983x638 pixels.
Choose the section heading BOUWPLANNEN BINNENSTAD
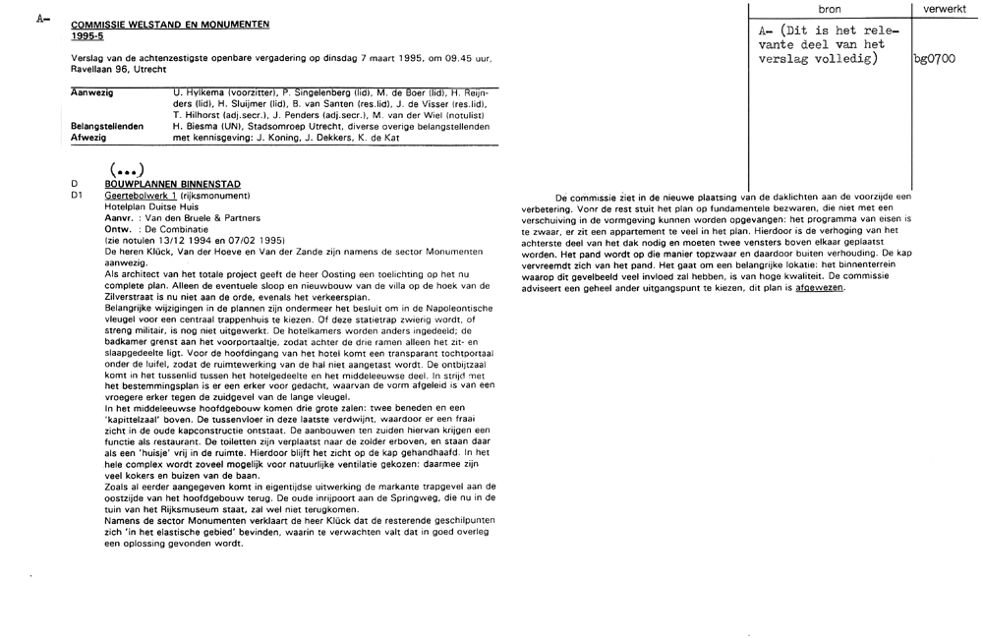pos(172,184)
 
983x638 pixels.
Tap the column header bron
pos(830,8)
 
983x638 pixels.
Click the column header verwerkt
pos(947,8)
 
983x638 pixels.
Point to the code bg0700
pos(935,59)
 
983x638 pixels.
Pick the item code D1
pos(79,196)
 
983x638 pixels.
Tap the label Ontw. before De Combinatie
pos(118,228)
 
